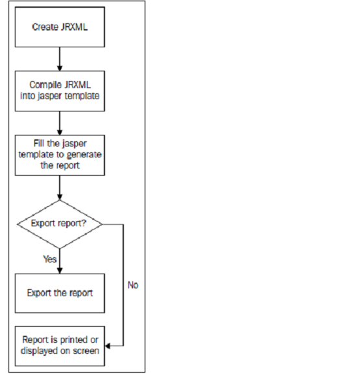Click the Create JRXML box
(60, 27)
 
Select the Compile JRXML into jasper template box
(60, 91)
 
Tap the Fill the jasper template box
(60, 156)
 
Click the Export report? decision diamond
(60, 224)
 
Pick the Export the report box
(60, 293)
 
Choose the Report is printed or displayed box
(60, 346)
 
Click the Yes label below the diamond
(50, 259)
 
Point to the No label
(133, 285)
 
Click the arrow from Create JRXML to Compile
(60, 59)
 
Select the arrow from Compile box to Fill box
(60, 123)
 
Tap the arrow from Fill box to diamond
(60, 188)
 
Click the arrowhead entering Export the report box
(60, 270)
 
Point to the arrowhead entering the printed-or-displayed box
(108, 346)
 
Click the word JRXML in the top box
(74, 27)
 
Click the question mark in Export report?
(84, 223)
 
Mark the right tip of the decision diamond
(102, 224)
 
